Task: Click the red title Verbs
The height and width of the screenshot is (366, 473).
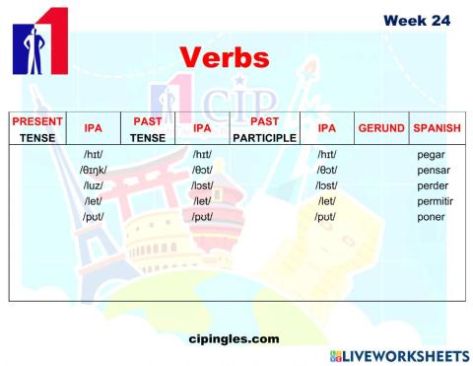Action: (224, 57)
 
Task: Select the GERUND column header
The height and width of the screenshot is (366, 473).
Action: (381, 128)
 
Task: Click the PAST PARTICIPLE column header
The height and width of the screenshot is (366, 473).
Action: (265, 129)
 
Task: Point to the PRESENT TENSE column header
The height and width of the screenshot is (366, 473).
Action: (37, 129)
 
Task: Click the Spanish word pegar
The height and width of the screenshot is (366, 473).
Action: (431, 155)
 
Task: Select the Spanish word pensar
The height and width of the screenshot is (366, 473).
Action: (434, 170)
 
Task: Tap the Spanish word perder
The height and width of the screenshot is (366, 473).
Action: (434, 185)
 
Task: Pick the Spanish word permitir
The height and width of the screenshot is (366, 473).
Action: (435, 200)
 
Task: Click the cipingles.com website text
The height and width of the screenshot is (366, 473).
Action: (233, 338)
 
